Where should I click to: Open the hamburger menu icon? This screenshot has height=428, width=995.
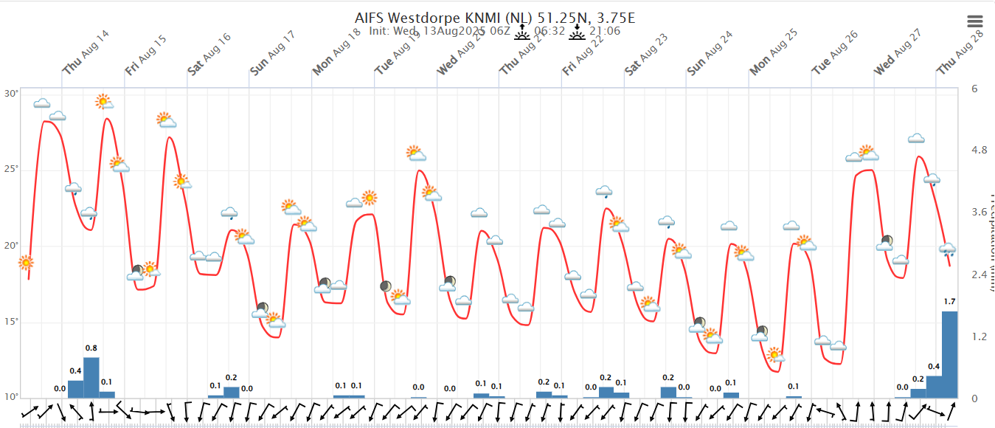pos(975,22)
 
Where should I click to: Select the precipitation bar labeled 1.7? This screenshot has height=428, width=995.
pos(949,354)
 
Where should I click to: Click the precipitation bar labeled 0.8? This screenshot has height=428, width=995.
pos(91,377)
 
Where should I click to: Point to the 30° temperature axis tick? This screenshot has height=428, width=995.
pos(12,94)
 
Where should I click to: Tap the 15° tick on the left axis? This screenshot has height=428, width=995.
pos(12,322)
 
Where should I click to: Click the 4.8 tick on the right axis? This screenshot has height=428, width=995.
pos(980,150)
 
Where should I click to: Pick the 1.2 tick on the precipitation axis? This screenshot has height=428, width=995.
pos(980,336)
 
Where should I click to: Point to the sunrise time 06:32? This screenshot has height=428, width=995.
pos(549,31)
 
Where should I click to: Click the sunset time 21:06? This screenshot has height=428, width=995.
pos(604,31)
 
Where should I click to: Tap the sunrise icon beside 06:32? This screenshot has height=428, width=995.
pos(522,31)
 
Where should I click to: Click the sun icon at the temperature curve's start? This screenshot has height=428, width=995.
pos(26,262)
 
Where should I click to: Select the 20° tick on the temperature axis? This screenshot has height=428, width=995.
pos(12,246)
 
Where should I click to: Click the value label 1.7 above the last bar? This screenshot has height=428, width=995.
pos(949,301)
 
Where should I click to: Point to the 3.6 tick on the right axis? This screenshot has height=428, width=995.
pos(980,213)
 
